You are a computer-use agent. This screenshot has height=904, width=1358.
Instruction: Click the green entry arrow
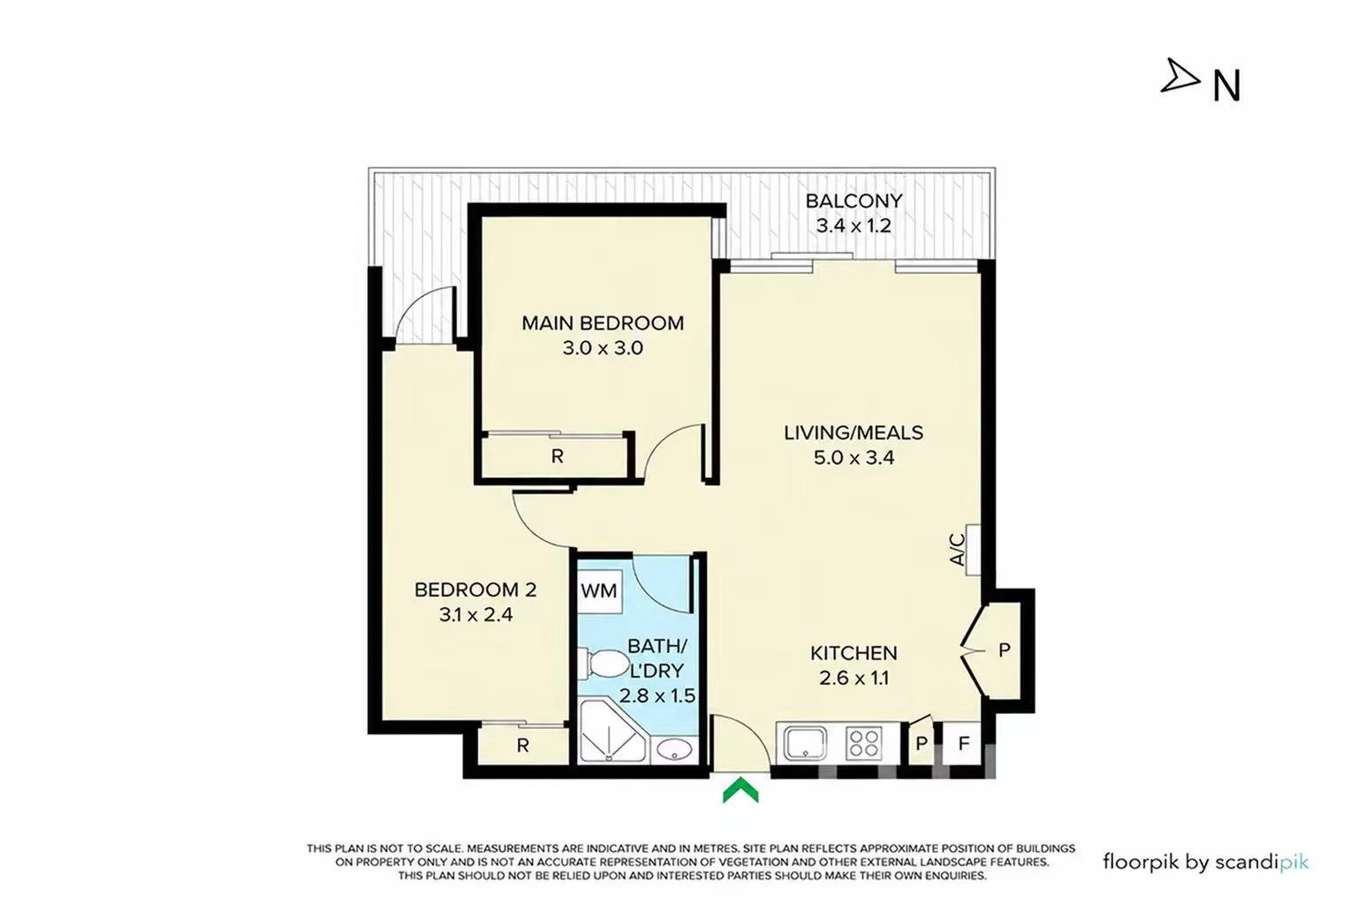point(740,791)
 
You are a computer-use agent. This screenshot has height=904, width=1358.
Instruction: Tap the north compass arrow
point(1180,76)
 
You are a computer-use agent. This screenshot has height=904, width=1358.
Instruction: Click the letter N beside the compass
point(1226,86)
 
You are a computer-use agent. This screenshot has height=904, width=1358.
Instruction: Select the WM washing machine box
point(599,591)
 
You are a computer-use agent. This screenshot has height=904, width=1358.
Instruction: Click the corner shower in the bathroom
point(612,732)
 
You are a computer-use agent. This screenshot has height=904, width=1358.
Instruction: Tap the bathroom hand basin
point(674,750)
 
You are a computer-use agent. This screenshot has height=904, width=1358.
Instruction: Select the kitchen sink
point(805,743)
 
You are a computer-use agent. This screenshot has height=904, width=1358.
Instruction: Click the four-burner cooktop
point(864,742)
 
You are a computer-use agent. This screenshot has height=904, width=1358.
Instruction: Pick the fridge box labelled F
point(963,743)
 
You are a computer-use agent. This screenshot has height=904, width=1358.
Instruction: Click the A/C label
point(957,550)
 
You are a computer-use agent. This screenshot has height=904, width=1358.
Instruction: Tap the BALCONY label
point(853,201)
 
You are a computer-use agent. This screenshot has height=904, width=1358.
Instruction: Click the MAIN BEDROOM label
point(603,323)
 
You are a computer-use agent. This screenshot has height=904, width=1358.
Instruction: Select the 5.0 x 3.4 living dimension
point(853,458)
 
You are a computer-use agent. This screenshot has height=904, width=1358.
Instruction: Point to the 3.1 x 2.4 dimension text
point(476,615)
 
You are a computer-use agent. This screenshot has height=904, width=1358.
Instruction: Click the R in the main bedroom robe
point(558,457)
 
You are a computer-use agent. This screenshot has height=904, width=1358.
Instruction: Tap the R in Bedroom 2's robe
point(522,745)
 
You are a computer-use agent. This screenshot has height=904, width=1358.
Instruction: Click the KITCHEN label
point(853,653)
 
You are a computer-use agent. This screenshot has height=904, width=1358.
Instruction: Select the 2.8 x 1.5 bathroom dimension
point(657,695)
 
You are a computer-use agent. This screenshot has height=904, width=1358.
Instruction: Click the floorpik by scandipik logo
point(1205,862)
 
